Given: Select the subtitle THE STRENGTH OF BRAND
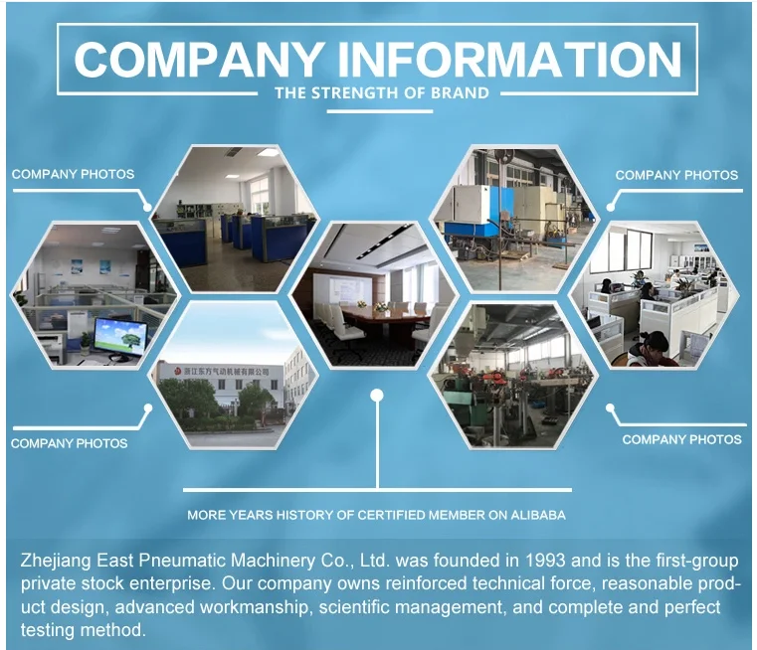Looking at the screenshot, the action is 381,93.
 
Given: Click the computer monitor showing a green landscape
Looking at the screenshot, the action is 119,335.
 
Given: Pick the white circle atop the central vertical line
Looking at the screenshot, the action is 376,396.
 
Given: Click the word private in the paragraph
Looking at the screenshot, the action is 48,584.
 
